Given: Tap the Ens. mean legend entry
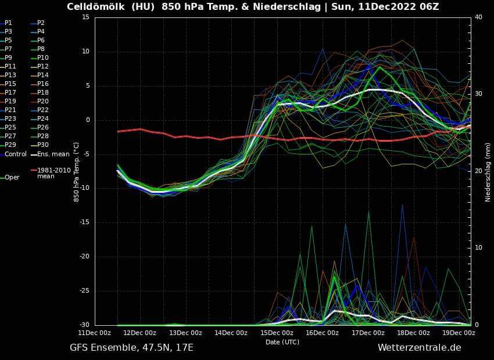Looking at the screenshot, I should (x=53, y=154).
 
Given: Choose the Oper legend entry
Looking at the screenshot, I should (x=12, y=177).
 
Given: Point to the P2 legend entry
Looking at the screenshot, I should (x=41, y=23).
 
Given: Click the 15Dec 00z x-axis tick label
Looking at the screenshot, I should (x=277, y=333).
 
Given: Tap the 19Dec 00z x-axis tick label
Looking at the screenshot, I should (x=459, y=333).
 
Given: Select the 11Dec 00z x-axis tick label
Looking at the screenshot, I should (x=95, y=333).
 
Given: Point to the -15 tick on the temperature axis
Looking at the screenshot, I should (x=84, y=222).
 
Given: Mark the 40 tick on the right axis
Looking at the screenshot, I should (x=479, y=17).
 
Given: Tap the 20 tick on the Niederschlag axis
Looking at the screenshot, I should (x=479, y=171).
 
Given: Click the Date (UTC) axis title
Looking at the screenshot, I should (x=282, y=342).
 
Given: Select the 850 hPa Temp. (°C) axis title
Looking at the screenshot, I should (x=77, y=171).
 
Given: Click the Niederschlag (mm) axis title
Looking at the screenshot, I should (x=488, y=171).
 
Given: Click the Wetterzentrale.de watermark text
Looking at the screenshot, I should (x=419, y=348).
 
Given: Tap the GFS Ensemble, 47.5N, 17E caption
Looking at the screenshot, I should (x=131, y=348).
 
